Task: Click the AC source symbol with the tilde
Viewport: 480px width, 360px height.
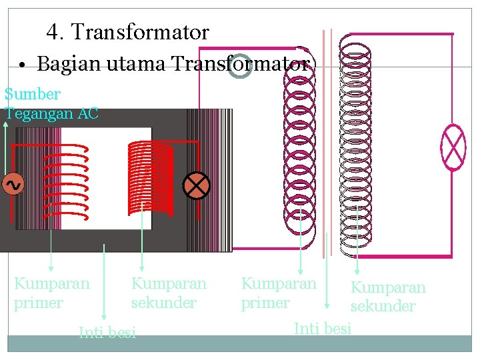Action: tap(13, 184)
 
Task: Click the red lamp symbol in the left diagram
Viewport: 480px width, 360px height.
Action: tap(197, 185)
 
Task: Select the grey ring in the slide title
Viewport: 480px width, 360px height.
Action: tap(239, 65)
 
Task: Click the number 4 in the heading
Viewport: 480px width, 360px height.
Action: tap(53, 32)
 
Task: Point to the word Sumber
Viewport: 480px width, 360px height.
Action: tap(32, 95)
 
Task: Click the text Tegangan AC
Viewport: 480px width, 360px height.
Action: tap(51, 113)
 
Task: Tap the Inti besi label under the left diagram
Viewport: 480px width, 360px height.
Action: tap(107, 332)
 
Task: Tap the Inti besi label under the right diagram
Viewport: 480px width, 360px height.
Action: tap(323, 328)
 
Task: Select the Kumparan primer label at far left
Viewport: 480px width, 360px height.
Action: tap(51, 293)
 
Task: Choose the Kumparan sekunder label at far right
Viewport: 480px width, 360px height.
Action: tap(388, 297)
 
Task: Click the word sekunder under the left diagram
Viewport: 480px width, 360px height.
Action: tap(164, 303)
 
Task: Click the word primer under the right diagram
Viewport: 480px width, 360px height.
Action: tap(265, 303)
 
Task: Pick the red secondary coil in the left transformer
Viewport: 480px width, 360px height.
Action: tap(150, 173)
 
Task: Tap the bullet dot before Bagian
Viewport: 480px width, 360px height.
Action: tap(23, 65)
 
